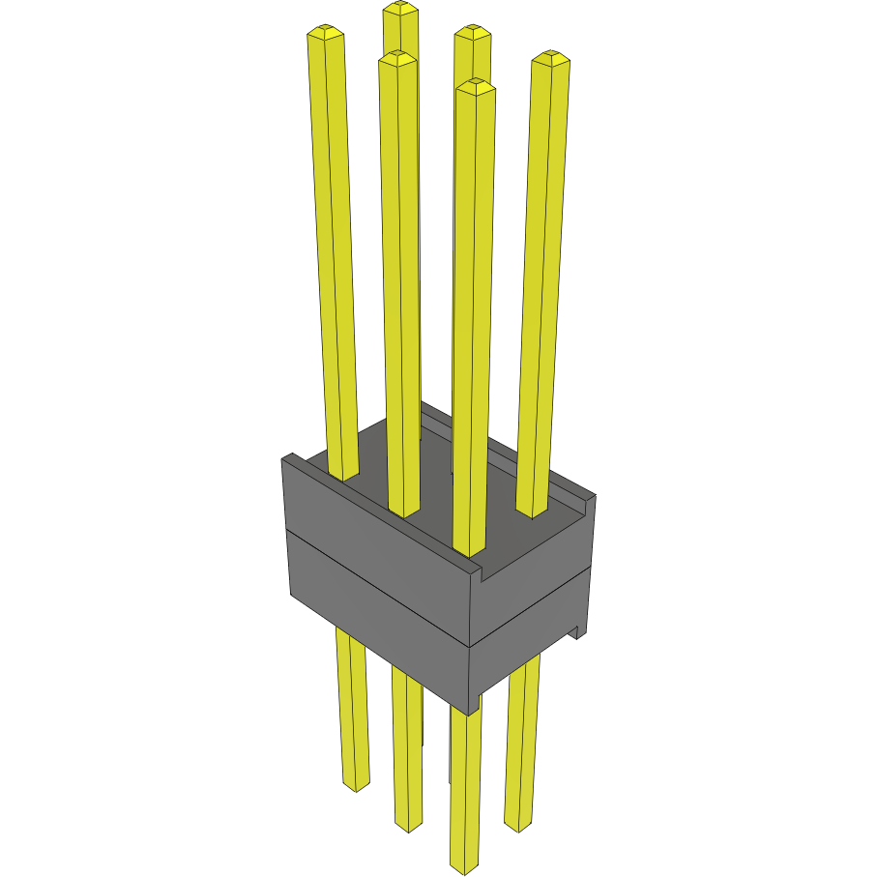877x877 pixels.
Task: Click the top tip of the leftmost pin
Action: click(x=326, y=35)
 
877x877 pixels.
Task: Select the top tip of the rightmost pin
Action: click(x=550, y=58)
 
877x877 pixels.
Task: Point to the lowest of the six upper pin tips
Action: click(x=475, y=86)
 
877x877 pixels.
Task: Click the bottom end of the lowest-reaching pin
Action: click(x=465, y=865)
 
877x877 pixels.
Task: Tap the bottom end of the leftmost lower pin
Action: click(x=356, y=784)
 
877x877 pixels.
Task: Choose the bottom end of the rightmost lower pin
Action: click(x=518, y=824)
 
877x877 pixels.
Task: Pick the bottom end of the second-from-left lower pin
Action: click(x=409, y=824)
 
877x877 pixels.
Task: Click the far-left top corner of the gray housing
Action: click(x=283, y=457)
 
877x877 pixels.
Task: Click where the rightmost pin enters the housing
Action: click(x=532, y=511)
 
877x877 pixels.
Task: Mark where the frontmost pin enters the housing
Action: click(x=467, y=551)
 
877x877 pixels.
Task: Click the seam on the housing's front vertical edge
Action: click(x=470, y=646)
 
